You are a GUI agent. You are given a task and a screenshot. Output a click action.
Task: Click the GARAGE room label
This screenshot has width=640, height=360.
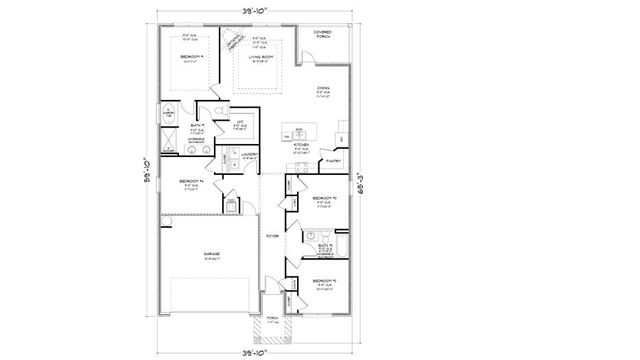(x=212, y=254)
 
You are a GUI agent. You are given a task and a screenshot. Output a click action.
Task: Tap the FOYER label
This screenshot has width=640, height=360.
(x=271, y=236)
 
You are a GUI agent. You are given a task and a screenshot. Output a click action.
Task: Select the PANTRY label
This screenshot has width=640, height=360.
(x=334, y=160)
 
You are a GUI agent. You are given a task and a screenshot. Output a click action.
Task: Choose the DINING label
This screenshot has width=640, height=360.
(x=323, y=88)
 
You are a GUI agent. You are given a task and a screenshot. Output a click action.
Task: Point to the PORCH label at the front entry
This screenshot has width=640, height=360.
(x=271, y=321)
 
